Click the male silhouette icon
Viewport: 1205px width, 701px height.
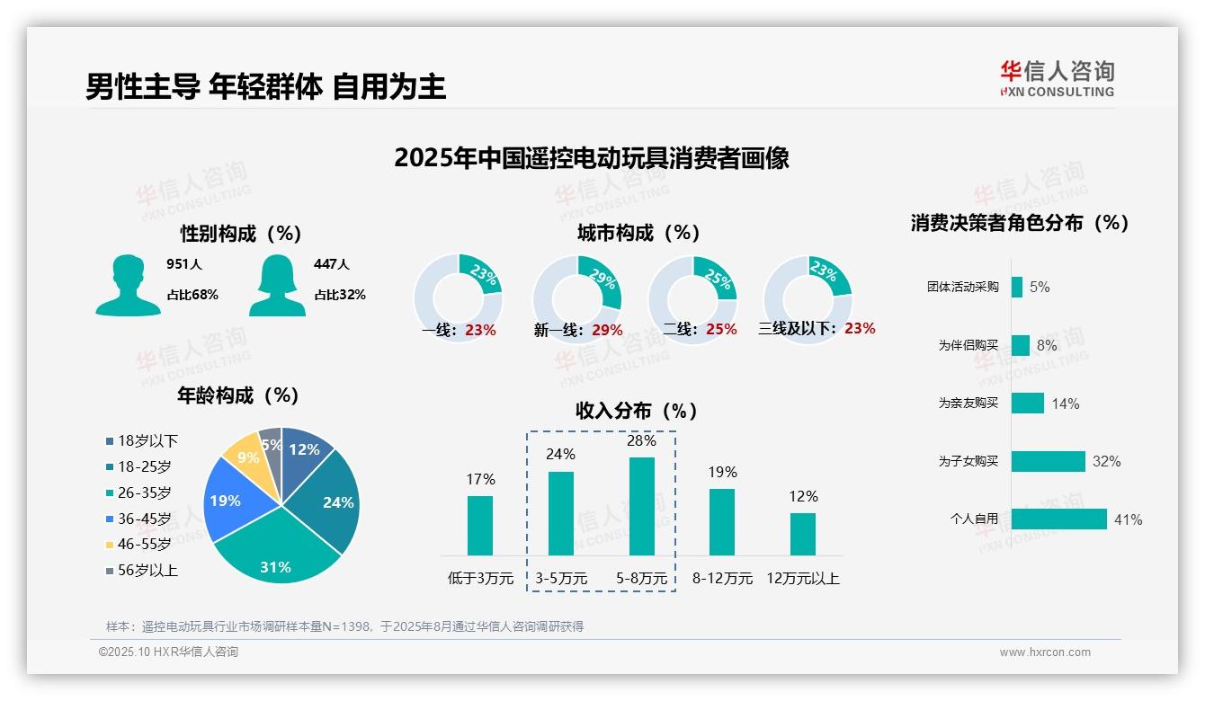[x=128, y=285]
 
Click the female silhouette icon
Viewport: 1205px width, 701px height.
[x=277, y=285]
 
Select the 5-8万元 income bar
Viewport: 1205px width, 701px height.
[x=641, y=506]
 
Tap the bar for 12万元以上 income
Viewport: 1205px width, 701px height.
[x=802, y=534]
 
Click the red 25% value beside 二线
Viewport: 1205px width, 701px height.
[x=721, y=330]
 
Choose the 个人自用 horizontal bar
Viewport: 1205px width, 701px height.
[x=1058, y=519]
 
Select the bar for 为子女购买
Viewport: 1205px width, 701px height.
[x=1048, y=461]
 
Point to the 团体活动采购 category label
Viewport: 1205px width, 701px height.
[x=962, y=288]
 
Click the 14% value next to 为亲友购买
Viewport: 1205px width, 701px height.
[x=1065, y=404]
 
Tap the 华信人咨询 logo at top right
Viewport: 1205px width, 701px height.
[x=1057, y=78]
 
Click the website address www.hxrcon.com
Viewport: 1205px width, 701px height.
[x=1044, y=652]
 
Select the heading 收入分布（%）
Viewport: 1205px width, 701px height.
[x=637, y=411]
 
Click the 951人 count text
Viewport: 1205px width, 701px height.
[x=184, y=264]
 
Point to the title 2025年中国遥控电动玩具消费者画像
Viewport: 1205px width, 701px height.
[x=591, y=158]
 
